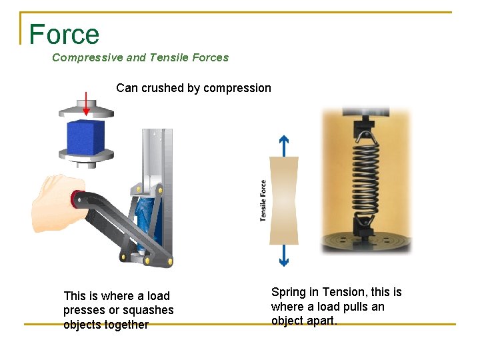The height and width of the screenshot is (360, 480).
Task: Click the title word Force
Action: point(64,34)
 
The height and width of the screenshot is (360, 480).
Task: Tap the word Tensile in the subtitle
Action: point(170,57)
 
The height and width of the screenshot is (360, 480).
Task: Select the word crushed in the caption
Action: point(161,88)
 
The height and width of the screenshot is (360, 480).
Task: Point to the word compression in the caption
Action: point(237,88)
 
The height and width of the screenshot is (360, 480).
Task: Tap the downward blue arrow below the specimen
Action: point(283,255)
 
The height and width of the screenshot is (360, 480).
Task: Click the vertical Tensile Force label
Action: point(263,201)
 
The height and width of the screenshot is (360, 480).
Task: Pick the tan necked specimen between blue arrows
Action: point(283,200)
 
